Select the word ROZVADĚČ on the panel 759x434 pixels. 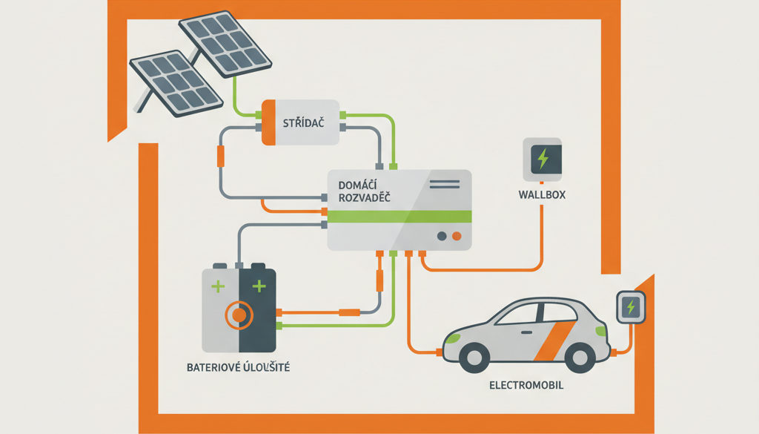[365, 197]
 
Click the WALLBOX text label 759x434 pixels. [542, 194]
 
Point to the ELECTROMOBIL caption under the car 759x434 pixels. [526, 386]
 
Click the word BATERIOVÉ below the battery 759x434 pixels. [213, 367]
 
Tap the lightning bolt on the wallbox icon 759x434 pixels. [543, 158]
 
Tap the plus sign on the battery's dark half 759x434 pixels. [259, 286]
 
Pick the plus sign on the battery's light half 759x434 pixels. [219, 287]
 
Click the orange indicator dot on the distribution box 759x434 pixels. [457, 237]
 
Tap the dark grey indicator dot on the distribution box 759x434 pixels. [442, 237]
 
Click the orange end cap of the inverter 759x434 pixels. [268, 122]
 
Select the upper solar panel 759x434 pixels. [225, 44]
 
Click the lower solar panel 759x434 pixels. [176, 83]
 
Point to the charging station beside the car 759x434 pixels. [631, 307]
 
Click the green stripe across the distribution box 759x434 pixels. [400, 217]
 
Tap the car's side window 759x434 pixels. [536, 313]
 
